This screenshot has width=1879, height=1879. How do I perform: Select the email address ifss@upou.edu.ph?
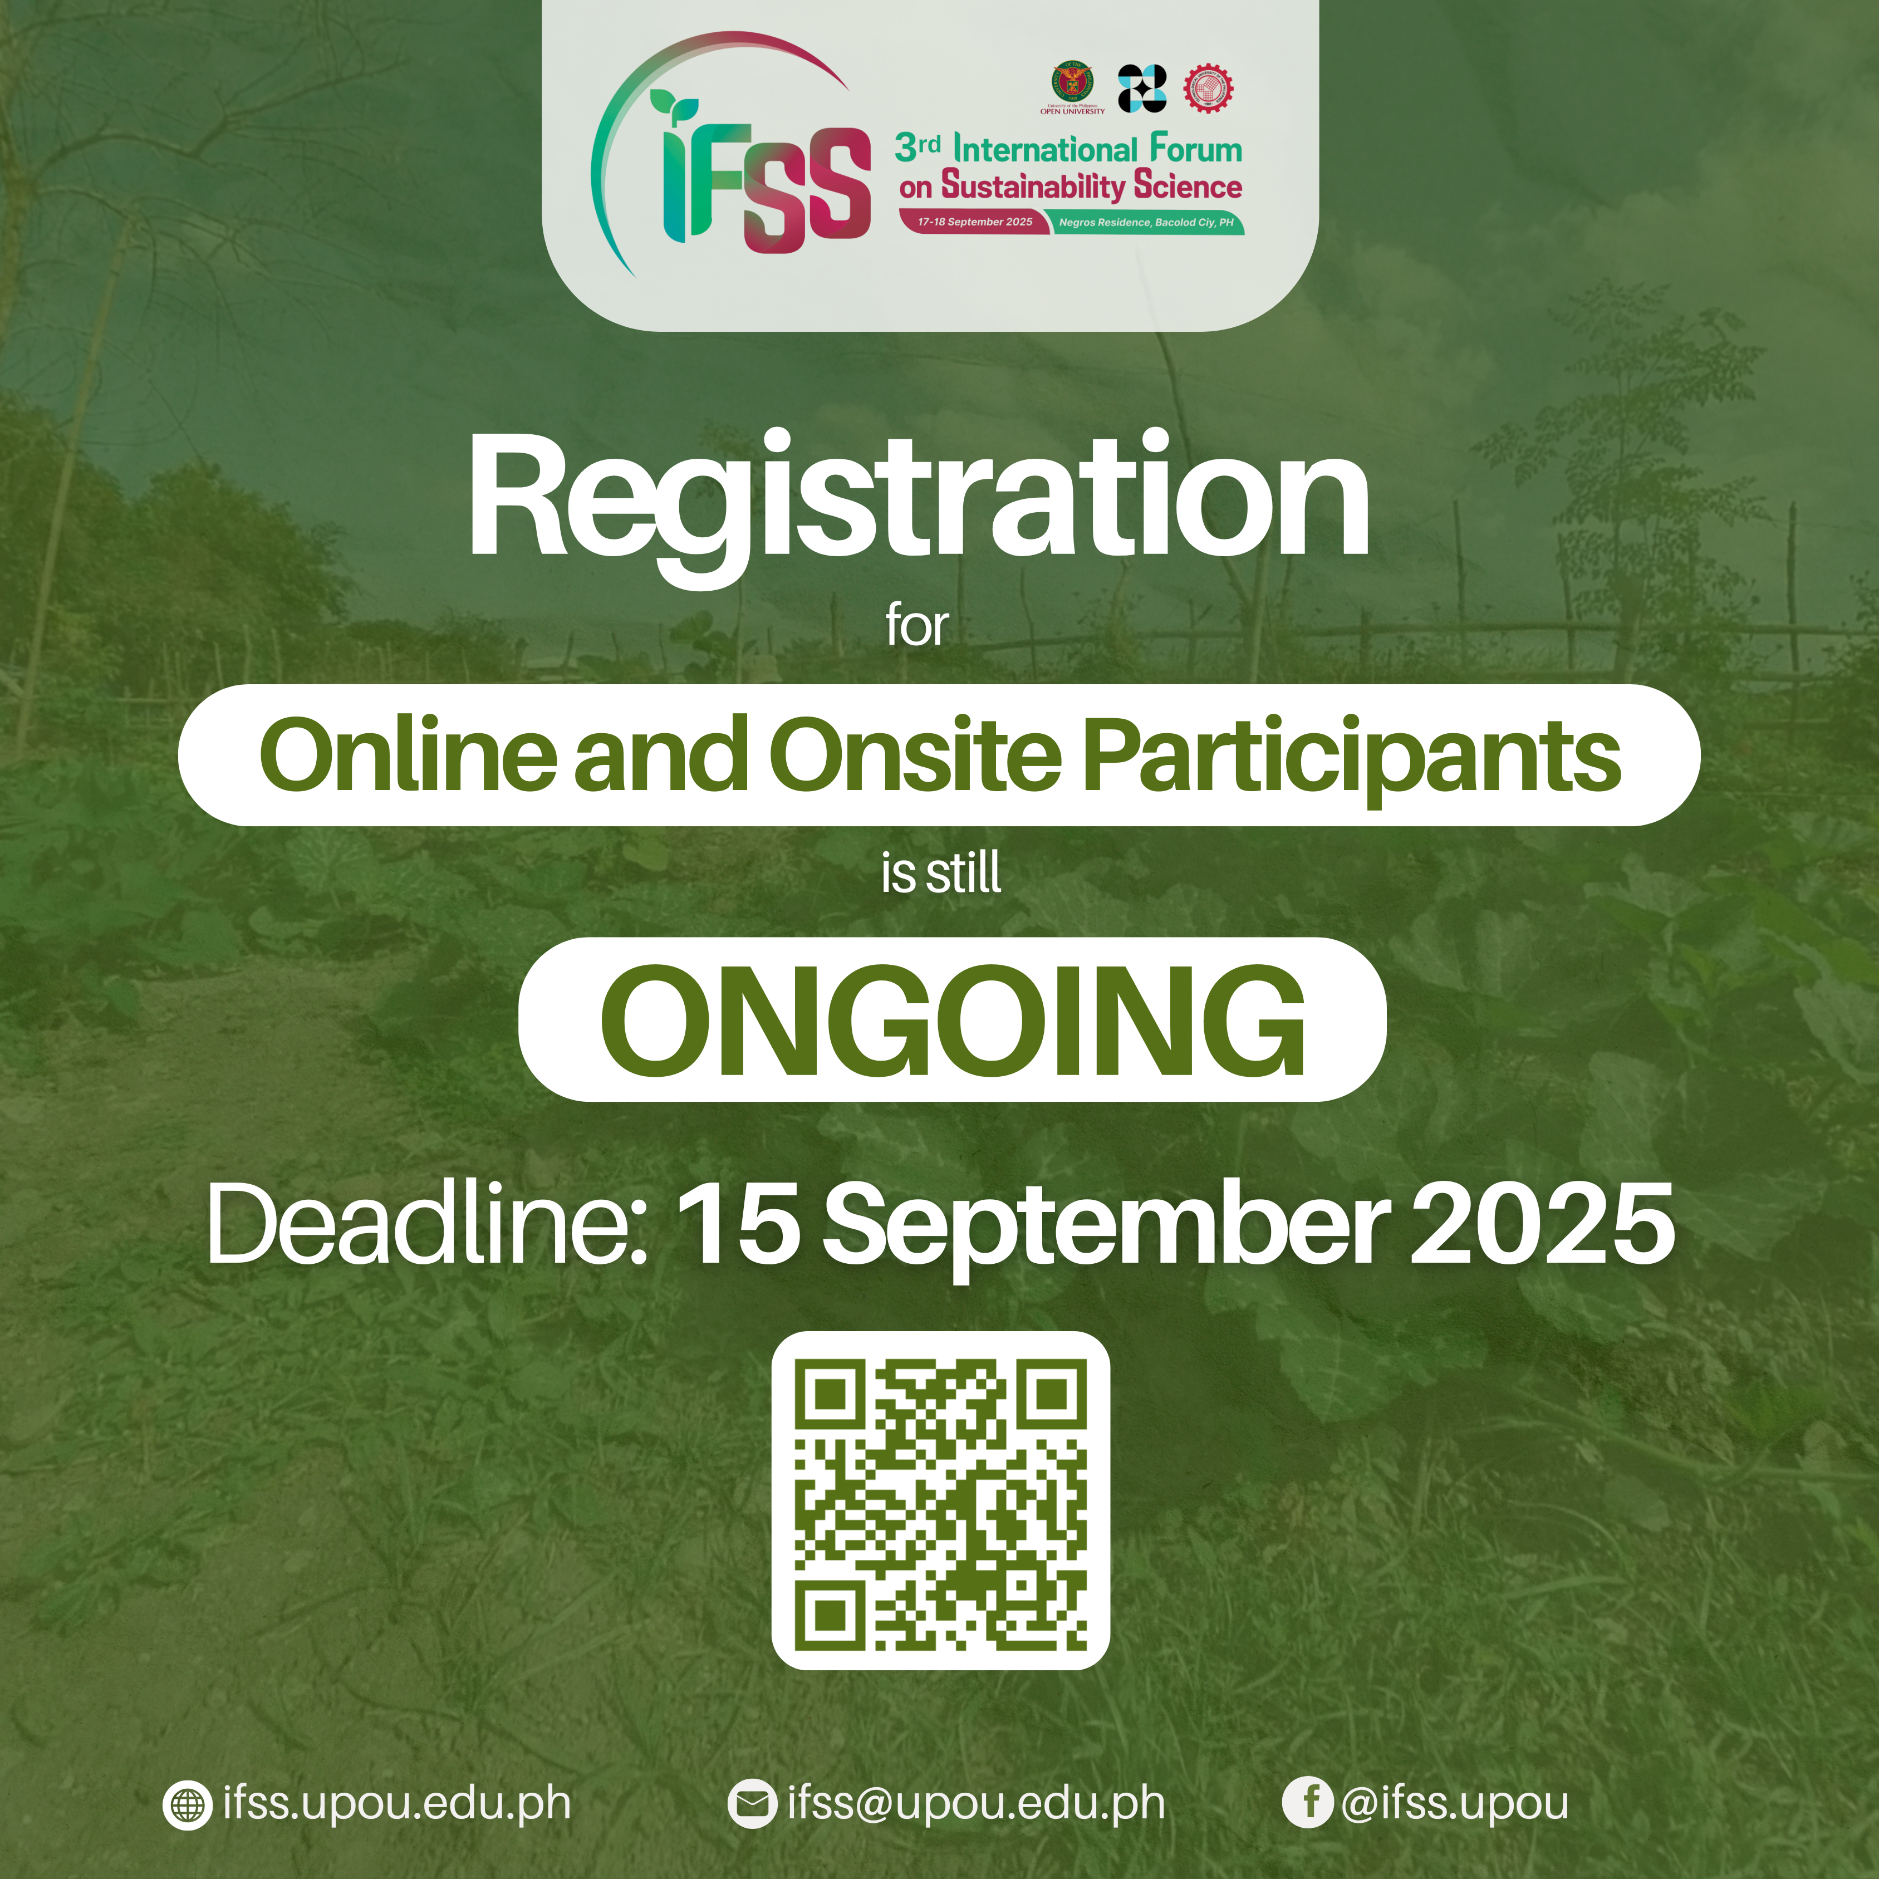977,1802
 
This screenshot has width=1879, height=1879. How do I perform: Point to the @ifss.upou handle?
1455,1802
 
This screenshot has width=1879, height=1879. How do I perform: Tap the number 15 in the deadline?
739,1224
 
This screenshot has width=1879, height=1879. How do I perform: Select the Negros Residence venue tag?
1146,223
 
